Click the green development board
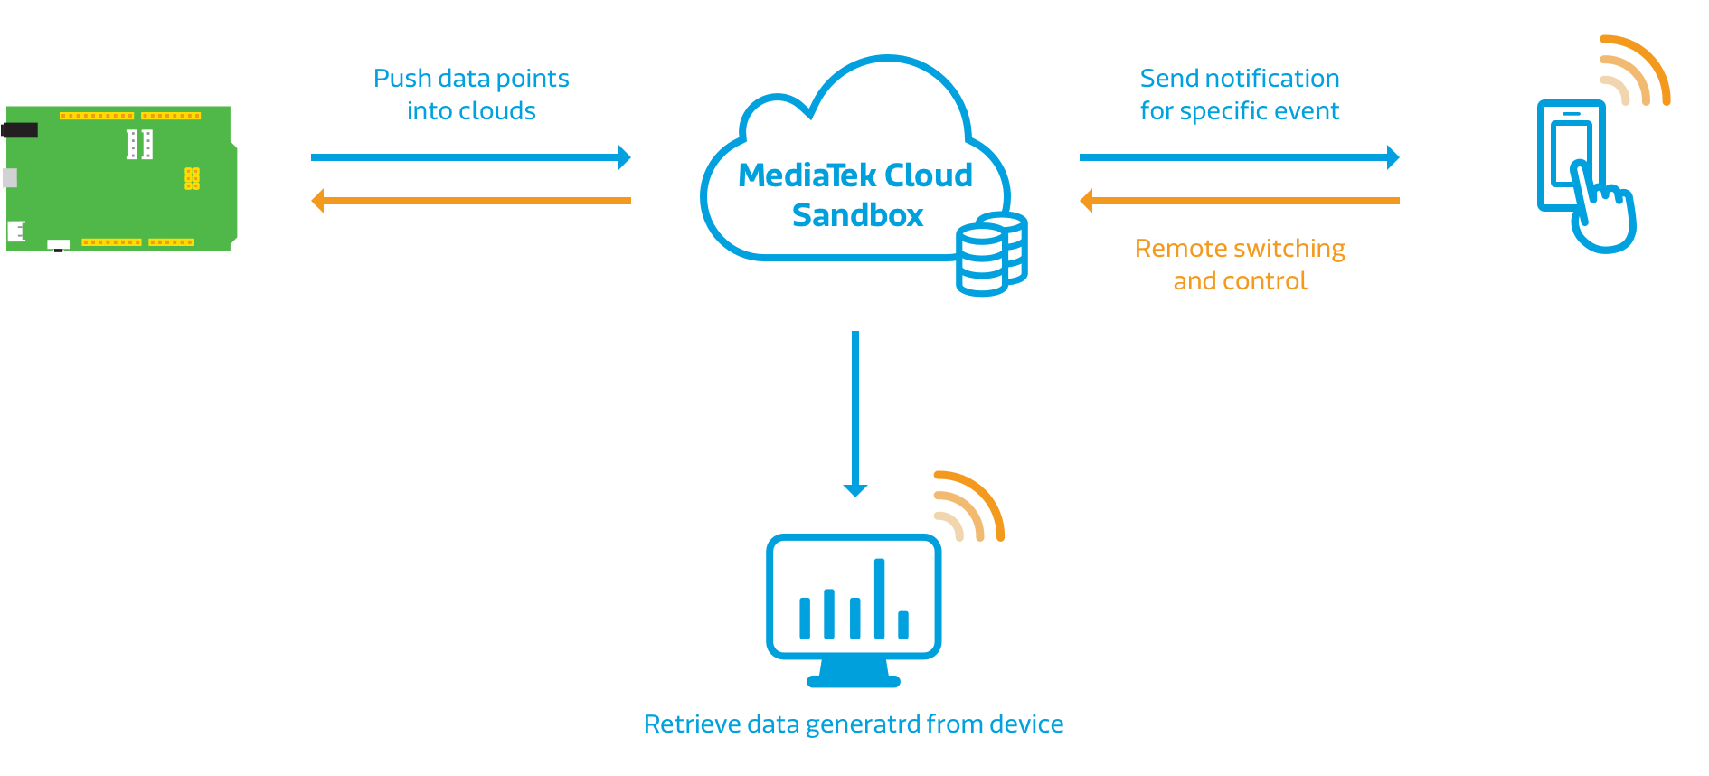pyautogui.click(x=120, y=178)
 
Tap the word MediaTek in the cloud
pyautogui.click(x=807, y=175)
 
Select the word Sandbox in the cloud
pyautogui.click(x=857, y=215)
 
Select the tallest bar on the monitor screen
pyautogui.click(x=879, y=599)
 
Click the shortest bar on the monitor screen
pyautogui.click(x=902, y=624)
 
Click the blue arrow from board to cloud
pyautogui.click(x=470, y=157)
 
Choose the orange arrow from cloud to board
pyautogui.click(x=470, y=201)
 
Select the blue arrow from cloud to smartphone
pyautogui.click(x=1239, y=157)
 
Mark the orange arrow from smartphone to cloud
pyautogui.click(x=1239, y=201)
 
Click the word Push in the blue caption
pyautogui.click(x=402, y=79)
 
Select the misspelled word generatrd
pyautogui.click(x=863, y=725)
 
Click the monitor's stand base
pyautogui.click(x=854, y=680)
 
